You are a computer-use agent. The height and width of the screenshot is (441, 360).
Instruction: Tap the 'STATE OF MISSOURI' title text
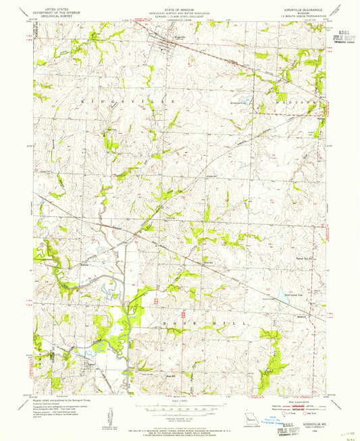pyautogui.click(x=179, y=4)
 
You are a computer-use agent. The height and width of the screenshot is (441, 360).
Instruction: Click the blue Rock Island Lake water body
pyautogui.click(x=279, y=294)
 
